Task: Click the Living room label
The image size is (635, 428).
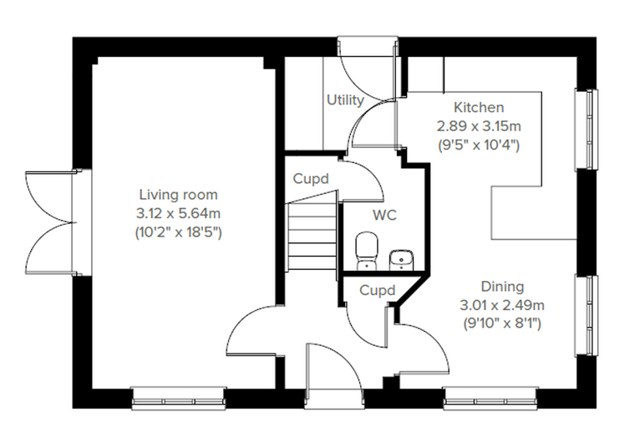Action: (x=178, y=195)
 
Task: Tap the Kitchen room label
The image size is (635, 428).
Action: (x=479, y=107)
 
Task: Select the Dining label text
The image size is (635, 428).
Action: (x=502, y=287)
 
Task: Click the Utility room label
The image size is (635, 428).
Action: (x=345, y=100)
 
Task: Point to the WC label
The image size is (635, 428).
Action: (x=384, y=215)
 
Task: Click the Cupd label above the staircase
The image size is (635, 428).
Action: (x=311, y=179)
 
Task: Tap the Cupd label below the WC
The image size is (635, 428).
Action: (x=377, y=290)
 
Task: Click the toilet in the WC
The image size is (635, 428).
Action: (x=367, y=251)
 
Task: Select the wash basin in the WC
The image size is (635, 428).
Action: (x=401, y=260)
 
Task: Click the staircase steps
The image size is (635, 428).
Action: (x=312, y=237)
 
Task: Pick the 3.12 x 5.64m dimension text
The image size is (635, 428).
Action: (x=178, y=213)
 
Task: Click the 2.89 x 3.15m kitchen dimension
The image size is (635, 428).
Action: (x=479, y=126)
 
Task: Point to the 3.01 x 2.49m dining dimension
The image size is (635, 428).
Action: (x=502, y=305)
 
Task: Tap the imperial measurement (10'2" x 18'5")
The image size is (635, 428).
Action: (x=178, y=232)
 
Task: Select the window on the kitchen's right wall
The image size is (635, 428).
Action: (x=587, y=129)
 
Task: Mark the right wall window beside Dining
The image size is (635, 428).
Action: (x=587, y=316)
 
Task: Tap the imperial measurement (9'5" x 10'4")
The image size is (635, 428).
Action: (x=479, y=145)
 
